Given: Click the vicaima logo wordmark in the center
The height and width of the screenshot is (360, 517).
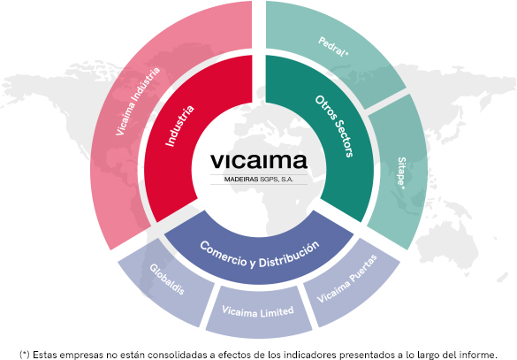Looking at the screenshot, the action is [x=259, y=161].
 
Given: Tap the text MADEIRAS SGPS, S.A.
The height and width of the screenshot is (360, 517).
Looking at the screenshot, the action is [x=259, y=180].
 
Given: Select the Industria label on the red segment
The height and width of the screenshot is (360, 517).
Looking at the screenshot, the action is [x=179, y=126].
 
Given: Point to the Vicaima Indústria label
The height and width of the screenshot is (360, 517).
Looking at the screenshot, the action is [x=138, y=101].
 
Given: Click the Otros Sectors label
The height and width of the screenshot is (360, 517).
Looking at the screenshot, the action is [x=334, y=126].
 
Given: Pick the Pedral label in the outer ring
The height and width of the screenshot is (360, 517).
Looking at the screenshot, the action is [x=333, y=47].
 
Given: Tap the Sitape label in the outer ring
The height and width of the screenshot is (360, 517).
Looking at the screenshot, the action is [x=401, y=172].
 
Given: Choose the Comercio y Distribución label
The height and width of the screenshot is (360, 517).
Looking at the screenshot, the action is [x=259, y=255].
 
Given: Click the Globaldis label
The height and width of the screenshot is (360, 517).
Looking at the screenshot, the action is [x=167, y=280].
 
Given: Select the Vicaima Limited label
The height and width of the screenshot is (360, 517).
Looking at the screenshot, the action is [x=258, y=311].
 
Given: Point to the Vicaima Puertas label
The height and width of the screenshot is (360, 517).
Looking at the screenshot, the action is [x=346, y=279].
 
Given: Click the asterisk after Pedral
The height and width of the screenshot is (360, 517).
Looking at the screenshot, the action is [x=346, y=53].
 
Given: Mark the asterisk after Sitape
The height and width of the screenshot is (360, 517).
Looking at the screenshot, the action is [x=403, y=188].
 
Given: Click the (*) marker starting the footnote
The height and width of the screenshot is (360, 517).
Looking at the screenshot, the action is [x=25, y=355].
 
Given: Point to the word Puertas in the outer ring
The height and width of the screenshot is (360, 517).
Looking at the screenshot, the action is [x=363, y=268].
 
